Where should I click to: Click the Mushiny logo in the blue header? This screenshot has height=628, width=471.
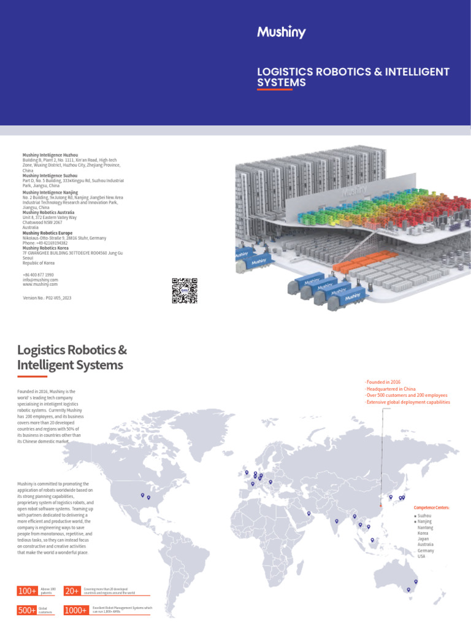tap(281, 33)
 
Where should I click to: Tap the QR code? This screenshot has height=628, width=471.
tap(185, 291)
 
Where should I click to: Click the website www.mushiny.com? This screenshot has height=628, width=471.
tap(40, 285)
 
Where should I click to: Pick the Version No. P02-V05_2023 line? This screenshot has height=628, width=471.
tap(47, 297)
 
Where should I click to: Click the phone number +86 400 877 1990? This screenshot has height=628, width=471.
tap(38, 275)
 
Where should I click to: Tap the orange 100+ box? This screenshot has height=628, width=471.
tap(28, 591)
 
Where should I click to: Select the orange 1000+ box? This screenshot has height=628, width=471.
tap(76, 610)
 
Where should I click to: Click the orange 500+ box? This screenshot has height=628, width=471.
tap(28, 610)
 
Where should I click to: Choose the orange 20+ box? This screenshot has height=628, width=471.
tap(72, 591)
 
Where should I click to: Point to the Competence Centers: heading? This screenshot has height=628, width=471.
tap(432, 508)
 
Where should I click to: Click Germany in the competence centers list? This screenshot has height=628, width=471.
tap(426, 550)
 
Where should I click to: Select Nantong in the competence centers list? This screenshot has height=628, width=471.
tap(425, 527)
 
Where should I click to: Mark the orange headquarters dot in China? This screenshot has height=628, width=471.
tap(380, 505)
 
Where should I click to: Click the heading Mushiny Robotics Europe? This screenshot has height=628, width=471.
tap(47, 233)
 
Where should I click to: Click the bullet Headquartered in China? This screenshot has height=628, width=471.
tap(391, 389)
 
